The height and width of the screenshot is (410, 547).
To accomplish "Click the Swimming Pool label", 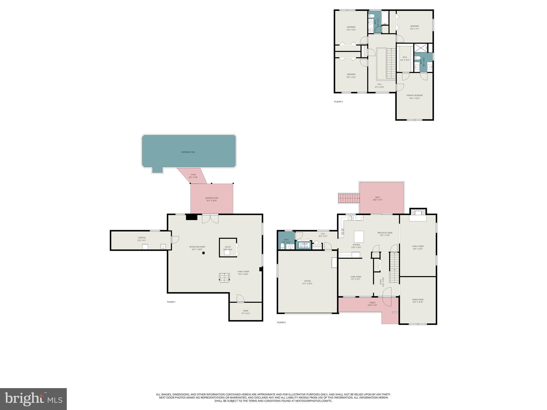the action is [188, 152].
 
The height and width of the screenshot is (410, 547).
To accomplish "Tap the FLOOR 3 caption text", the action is [338, 102].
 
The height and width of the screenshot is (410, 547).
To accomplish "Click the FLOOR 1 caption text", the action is [171, 302].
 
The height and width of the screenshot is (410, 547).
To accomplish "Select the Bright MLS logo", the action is [33, 399].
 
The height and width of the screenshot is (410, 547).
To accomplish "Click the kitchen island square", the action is [359, 236].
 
